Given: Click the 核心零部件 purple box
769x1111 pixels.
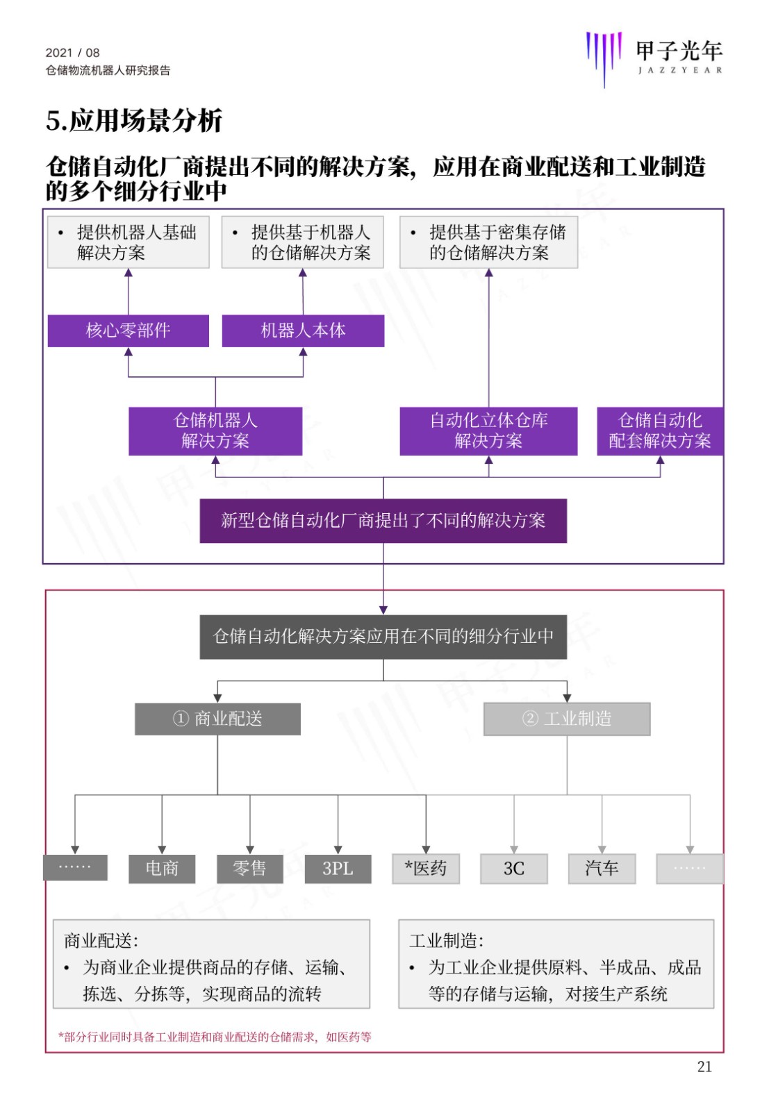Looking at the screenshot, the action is (x=128, y=331).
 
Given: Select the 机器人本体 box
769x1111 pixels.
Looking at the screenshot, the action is (x=303, y=331).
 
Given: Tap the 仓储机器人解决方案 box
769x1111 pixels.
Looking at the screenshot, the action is (x=215, y=431).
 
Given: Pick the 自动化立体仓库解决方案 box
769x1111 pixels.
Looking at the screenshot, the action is (x=488, y=431).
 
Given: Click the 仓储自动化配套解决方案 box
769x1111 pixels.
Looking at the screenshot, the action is (x=660, y=431).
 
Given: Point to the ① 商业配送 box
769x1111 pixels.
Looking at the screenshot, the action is (x=217, y=719).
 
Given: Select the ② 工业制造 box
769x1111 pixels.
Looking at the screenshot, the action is (x=567, y=719).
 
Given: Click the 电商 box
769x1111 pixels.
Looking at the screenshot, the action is (x=162, y=869).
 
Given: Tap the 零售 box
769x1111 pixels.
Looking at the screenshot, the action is (x=250, y=869).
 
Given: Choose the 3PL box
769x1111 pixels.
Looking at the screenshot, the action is (x=338, y=869).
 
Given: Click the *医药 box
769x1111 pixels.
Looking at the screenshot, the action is (x=426, y=869).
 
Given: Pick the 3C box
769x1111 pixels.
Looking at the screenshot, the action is (x=514, y=869).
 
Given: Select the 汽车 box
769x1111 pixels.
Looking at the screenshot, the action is (x=602, y=869).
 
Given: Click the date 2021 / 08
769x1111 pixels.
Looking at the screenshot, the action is (x=72, y=53).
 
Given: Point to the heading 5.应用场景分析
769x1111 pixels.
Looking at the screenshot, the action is (x=134, y=121).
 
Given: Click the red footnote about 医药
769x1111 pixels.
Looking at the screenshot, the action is (x=215, y=1037).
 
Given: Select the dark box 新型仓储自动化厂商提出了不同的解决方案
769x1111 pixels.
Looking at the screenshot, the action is (x=383, y=521).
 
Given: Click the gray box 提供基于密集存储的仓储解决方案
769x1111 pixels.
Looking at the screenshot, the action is (x=488, y=242).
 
